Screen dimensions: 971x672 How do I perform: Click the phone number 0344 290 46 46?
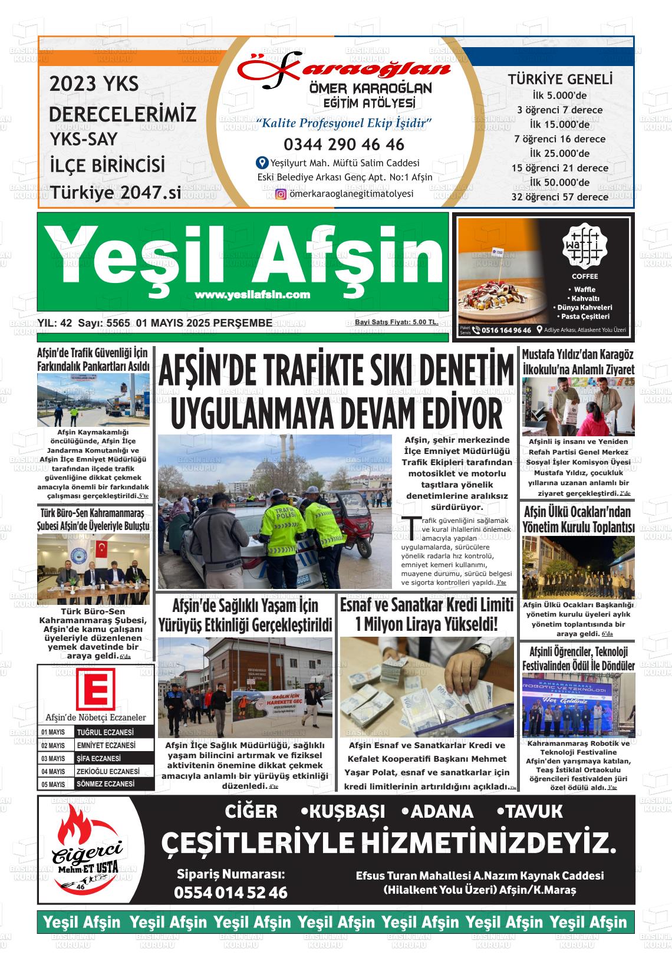(x=344, y=144)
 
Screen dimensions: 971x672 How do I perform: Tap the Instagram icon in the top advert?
(x=281, y=194)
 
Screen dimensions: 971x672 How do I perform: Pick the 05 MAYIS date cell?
(x=54, y=785)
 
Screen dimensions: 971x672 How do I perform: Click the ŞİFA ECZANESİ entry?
(x=100, y=758)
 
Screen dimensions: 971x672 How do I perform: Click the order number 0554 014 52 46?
(x=230, y=893)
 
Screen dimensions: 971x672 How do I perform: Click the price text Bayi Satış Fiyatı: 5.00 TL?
(x=396, y=322)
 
